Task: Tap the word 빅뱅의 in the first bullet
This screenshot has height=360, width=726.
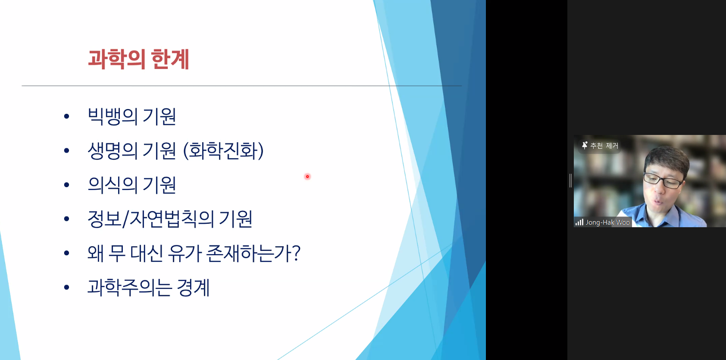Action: [x=113, y=116]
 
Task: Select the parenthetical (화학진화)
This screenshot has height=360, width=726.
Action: [x=223, y=150]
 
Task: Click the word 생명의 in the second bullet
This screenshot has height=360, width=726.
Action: [x=113, y=150]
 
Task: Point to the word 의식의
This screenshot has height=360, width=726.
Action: [x=113, y=185]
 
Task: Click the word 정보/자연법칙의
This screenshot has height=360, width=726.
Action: [x=151, y=219]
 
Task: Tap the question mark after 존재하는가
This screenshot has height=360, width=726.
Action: [x=296, y=253]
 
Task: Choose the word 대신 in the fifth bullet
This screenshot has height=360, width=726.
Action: [x=147, y=254]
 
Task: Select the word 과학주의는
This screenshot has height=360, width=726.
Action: [x=130, y=288]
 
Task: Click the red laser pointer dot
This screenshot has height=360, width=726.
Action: [x=307, y=177]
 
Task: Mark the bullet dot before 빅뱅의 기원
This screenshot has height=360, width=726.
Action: [x=67, y=116]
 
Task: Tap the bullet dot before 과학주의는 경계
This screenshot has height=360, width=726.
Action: [x=67, y=288]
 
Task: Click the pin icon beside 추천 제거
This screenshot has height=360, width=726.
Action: [x=584, y=145]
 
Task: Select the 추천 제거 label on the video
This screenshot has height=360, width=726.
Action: [x=604, y=146]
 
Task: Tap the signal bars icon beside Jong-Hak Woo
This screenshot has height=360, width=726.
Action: [x=579, y=222]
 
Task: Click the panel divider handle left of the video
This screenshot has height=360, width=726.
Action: [x=570, y=181]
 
